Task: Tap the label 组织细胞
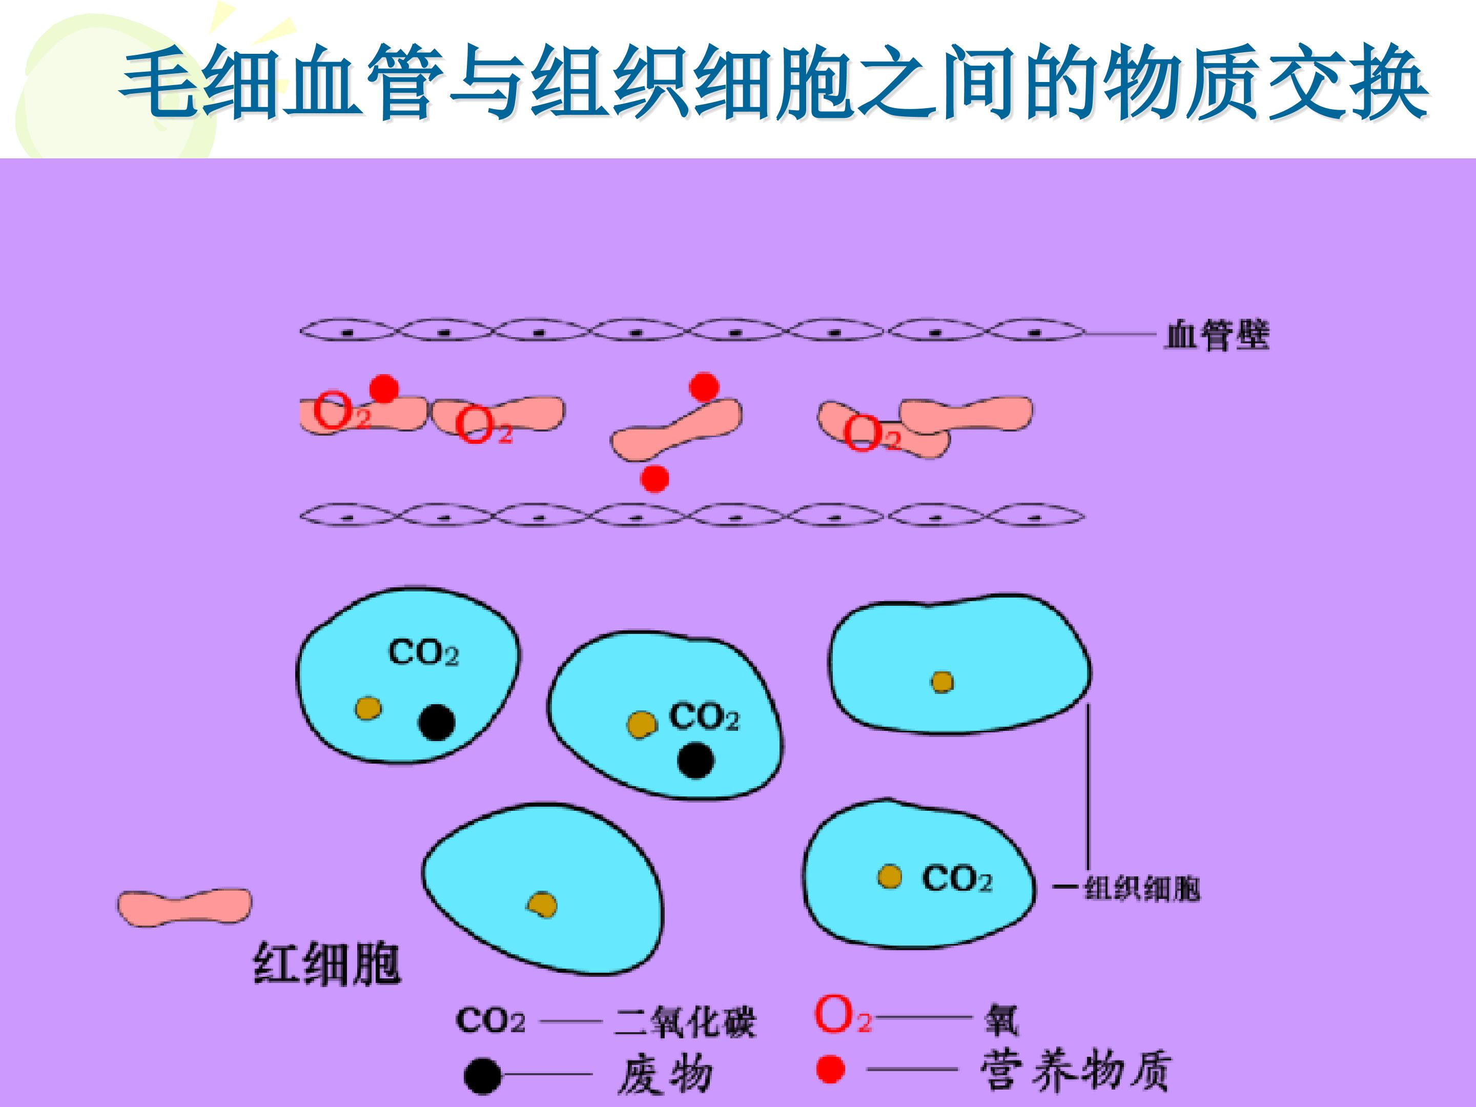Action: point(1142,888)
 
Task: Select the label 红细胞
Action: point(327,964)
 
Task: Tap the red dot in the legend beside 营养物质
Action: point(830,1070)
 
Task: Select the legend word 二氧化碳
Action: point(685,1021)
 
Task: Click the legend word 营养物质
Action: point(1076,1070)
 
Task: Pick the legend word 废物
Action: point(665,1074)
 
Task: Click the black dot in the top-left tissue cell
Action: point(437,722)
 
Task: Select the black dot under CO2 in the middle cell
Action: point(695,760)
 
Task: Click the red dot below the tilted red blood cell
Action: point(654,479)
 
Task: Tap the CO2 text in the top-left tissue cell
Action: point(423,652)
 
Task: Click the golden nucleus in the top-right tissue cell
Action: point(942,682)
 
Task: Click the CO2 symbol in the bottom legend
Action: point(490,1020)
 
